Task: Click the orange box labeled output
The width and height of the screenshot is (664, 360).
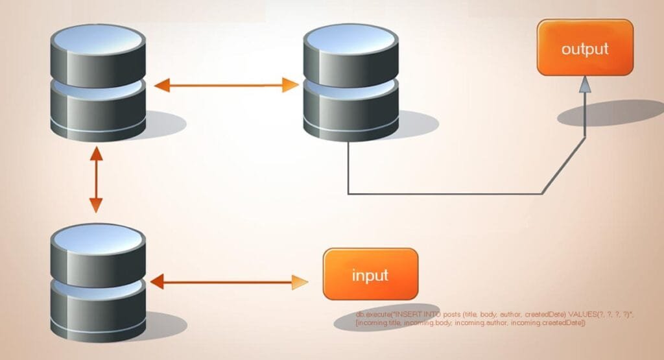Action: [x=584, y=47]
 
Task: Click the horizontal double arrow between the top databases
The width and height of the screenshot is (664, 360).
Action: [x=226, y=85]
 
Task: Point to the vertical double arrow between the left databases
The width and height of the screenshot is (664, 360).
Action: [x=96, y=180]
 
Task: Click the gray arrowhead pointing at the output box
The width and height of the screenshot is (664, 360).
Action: [x=585, y=84]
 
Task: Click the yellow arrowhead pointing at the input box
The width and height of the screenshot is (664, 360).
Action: [x=300, y=282]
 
